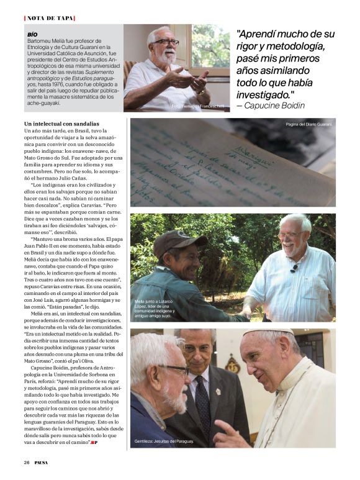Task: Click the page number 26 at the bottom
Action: (x=27, y=462)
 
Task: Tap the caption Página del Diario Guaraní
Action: (x=308, y=125)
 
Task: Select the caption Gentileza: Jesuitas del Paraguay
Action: (x=164, y=441)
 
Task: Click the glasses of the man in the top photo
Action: (x=166, y=42)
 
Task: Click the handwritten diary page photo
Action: (x=233, y=163)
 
